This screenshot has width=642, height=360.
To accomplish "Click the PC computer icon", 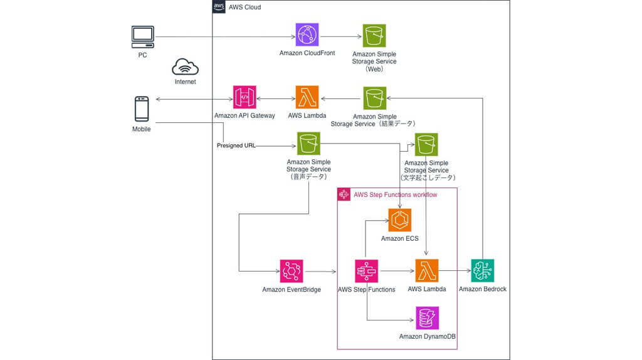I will pyautogui.click(x=143, y=37).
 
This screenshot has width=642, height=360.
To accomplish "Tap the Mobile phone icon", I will pyautogui.click(x=142, y=109).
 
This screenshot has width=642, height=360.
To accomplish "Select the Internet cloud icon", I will pyautogui.click(x=185, y=66).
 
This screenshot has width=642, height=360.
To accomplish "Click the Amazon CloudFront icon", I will pyautogui.click(x=307, y=35).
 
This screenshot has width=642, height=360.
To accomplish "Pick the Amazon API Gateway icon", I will pyautogui.click(x=245, y=98).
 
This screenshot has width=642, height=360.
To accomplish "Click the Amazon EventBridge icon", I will pyautogui.click(x=292, y=271).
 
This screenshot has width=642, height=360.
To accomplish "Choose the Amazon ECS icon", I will pyautogui.click(x=400, y=221).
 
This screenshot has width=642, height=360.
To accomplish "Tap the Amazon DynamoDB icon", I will pyautogui.click(x=428, y=319).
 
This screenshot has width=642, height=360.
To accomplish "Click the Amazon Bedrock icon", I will pyautogui.click(x=483, y=271).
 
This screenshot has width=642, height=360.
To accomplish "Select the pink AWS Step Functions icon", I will pyautogui.click(x=366, y=271).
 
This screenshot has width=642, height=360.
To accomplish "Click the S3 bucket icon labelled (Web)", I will pyautogui.click(x=374, y=36).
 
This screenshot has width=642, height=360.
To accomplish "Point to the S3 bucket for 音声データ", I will pyautogui.click(x=308, y=144).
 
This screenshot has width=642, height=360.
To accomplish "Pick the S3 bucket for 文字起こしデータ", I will pyautogui.click(x=426, y=144).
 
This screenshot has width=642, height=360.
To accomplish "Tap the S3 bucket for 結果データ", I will pyautogui.click(x=374, y=98).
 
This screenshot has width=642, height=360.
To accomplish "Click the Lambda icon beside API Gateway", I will pyautogui.click(x=307, y=98).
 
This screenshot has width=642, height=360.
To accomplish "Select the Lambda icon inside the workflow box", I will pyautogui.click(x=427, y=271).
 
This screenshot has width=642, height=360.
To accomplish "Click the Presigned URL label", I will pyautogui.click(x=236, y=146).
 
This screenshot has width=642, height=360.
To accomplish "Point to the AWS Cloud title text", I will pyautogui.click(x=245, y=7).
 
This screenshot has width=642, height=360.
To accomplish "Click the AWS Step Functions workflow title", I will pyautogui.click(x=396, y=195).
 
